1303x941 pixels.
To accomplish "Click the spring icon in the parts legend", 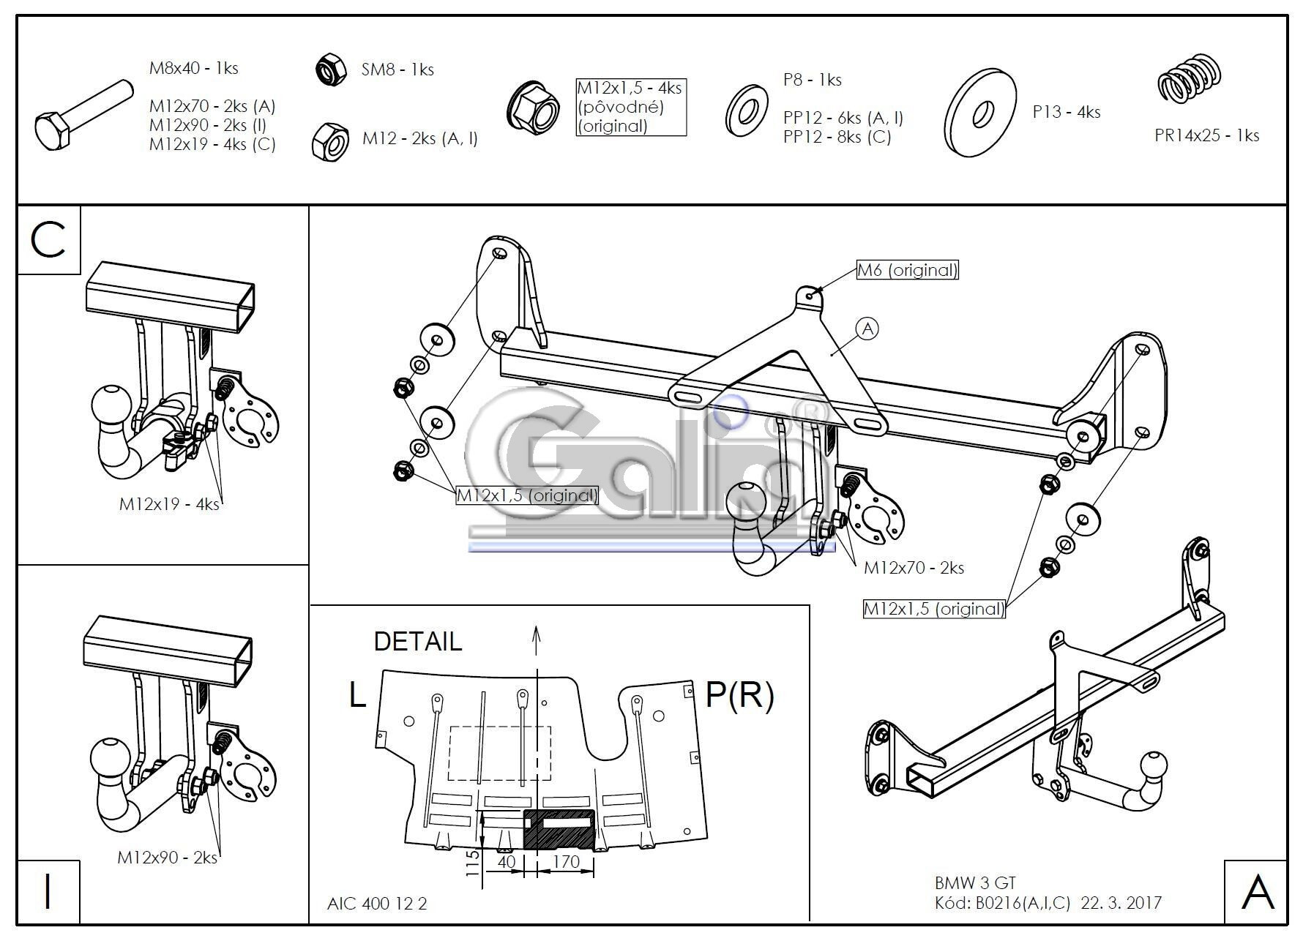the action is pos(1190,78).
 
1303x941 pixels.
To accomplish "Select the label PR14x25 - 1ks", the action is pos(1206,135).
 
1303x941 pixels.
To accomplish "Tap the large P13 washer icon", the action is pos(982,113).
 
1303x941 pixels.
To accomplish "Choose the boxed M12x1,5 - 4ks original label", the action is pos(630,107).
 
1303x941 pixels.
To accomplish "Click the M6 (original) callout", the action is pos(907,270).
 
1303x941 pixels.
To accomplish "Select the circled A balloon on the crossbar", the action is pos(867,329).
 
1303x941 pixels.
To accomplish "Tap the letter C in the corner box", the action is pos(48,240).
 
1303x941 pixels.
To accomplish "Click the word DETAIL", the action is pos(418,642).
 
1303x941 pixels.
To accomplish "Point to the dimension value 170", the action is pos(565,861).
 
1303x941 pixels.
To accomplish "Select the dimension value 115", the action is pos(473,863).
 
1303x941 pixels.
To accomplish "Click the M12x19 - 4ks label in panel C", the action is pos(169,504).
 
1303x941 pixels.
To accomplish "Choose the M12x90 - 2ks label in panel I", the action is pos(168,857).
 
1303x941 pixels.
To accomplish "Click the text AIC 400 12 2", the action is pos(377,903).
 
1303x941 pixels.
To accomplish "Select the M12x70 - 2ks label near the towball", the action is pos(914,567).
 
